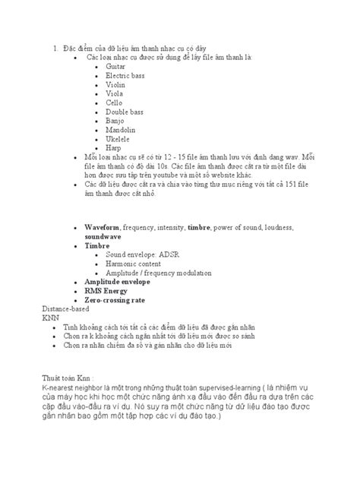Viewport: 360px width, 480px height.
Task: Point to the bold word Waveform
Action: coord(102,228)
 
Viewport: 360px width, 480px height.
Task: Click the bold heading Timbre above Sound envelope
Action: coord(97,246)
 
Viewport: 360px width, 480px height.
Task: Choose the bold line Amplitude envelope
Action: coord(118,280)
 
